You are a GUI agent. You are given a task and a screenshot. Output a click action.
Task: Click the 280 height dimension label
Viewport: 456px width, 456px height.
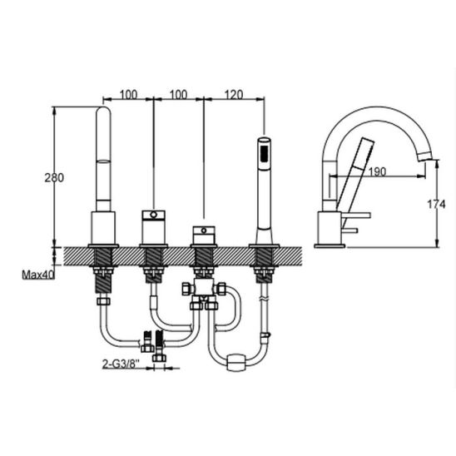click(54, 177)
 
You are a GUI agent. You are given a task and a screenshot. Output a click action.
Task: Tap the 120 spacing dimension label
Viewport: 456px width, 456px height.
click(234, 95)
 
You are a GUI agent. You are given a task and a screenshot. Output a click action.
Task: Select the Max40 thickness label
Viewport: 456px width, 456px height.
click(38, 275)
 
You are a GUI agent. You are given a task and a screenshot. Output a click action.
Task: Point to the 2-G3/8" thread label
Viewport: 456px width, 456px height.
click(121, 364)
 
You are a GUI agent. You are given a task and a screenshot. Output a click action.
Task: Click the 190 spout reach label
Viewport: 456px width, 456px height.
click(377, 172)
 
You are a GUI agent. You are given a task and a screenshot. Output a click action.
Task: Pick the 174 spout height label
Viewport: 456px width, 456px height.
click(436, 205)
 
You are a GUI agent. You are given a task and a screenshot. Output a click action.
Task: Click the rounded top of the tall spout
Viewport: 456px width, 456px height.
click(103, 111)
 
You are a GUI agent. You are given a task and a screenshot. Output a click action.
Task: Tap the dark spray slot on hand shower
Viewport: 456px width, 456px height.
click(265, 153)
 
